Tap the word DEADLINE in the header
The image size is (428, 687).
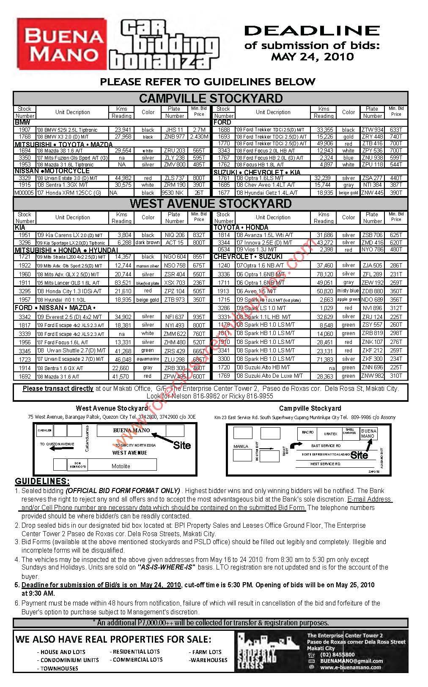[x=312, y=30]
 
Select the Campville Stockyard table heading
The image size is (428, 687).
[x=211, y=98]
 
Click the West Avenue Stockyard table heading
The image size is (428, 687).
[x=211, y=204]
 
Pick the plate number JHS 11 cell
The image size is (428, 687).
[x=175, y=130]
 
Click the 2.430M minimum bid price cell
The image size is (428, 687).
[x=199, y=137]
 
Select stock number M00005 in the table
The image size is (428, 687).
[x=24, y=193]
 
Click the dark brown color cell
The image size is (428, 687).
[x=148, y=243]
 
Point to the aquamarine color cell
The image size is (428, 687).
[x=148, y=359]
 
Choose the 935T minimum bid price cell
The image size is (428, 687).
[x=199, y=316]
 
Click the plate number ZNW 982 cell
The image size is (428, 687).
[x=373, y=376]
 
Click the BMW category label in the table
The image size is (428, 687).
[x=23, y=123]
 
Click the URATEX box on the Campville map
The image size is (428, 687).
[x=330, y=433]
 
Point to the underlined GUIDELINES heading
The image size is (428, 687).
[x=42, y=481]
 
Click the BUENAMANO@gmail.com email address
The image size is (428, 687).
[x=351, y=661]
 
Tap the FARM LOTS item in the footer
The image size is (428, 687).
[x=207, y=652]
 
